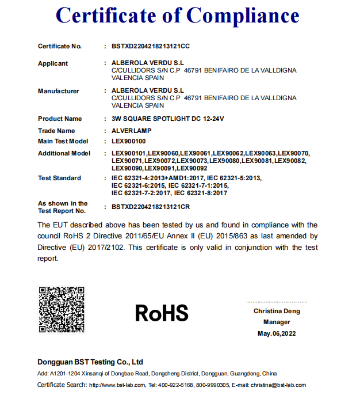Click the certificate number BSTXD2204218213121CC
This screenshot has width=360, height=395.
click(151, 45)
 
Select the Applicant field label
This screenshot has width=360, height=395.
click(53, 63)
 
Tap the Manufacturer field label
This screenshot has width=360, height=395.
click(59, 91)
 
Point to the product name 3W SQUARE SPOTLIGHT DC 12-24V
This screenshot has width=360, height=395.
click(167, 119)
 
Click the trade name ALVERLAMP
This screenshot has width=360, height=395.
click(132, 131)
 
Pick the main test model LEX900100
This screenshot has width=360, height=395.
click(129, 141)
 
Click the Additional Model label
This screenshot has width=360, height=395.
click(64, 153)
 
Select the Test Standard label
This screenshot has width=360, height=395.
click(59, 178)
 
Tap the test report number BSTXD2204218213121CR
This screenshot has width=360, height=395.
click(151, 206)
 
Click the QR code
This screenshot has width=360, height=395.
click(62, 309)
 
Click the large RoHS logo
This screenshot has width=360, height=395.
click(162, 313)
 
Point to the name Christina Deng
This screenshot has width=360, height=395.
click(277, 311)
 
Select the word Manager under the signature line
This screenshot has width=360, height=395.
click(277, 322)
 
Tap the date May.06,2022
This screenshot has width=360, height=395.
click(277, 333)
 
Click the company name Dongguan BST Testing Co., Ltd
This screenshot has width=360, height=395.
click(90, 362)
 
